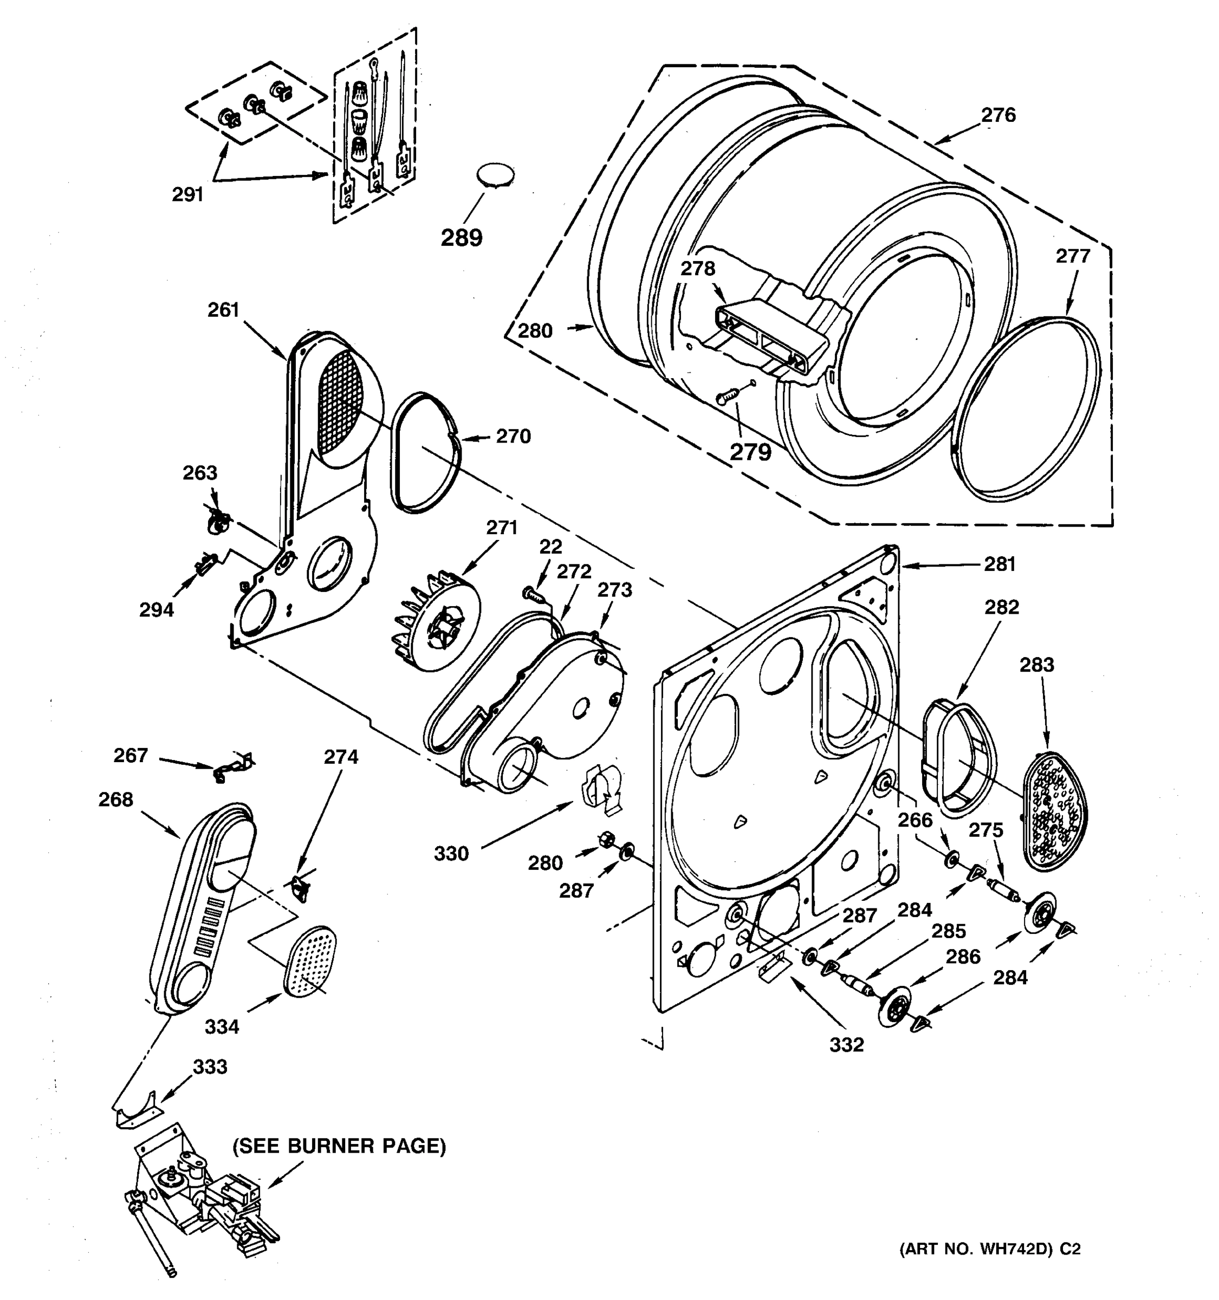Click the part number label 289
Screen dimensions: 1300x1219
[x=461, y=237]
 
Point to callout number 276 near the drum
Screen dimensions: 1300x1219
[x=998, y=115]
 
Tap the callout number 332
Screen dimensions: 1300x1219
[x=846, y=1045]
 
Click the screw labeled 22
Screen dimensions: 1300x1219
[x=534, y=594]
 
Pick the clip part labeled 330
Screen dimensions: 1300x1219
[x=602, y=788]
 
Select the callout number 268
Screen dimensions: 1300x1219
[x=116, y=799]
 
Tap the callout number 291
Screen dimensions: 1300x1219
[x=187, y=194]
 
